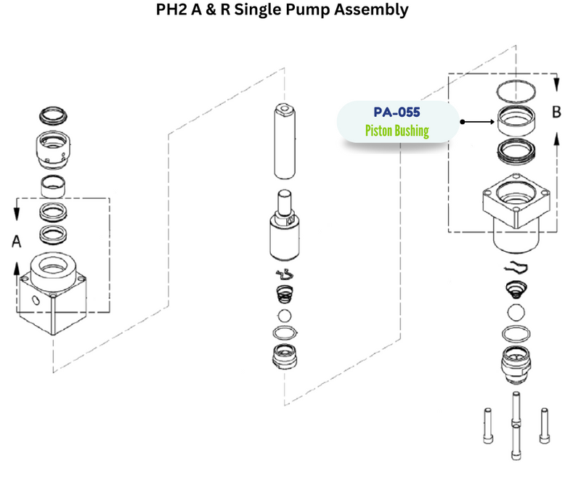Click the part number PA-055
coord(397,114)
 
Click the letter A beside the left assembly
coord(16,242)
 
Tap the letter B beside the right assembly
coord(557,112)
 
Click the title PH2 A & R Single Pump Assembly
coord(283,11)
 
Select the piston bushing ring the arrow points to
coord(516,120)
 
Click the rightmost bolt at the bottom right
coord(544,428)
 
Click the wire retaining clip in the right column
coord(517,267)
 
